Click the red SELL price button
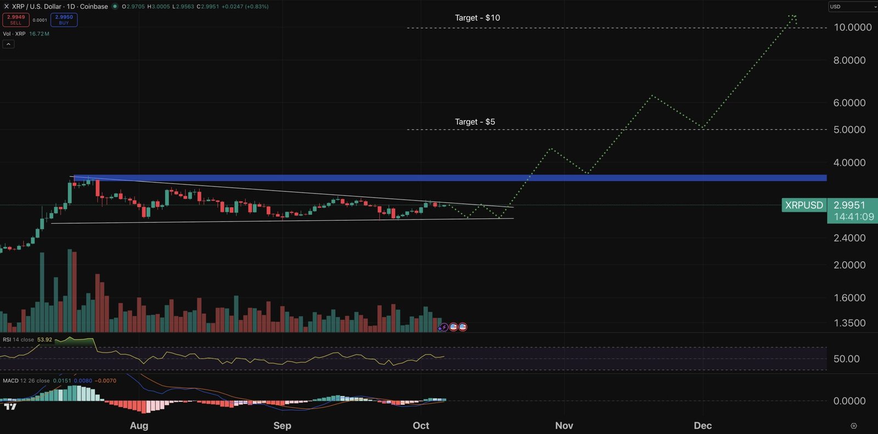(16, 20)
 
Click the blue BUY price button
(64, 20)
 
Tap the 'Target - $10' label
(477, 18)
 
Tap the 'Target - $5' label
(475, 122)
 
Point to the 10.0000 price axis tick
(852, 27)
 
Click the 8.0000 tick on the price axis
(849, 60)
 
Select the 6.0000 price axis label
(849, 103)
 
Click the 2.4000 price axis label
(849, 238)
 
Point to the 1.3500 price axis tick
(849, 323)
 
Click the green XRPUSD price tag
(804, 205)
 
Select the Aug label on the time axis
(139, 426)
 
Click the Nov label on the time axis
(564, 426)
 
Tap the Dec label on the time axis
(702, 426)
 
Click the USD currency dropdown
(852, 7)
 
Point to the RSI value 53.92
(44, 340)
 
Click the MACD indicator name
(10, 381)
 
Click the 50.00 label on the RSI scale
(846, 359)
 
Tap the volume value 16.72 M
(39, 34)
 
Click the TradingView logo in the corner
(10, 407)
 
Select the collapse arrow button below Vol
(8, 44)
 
